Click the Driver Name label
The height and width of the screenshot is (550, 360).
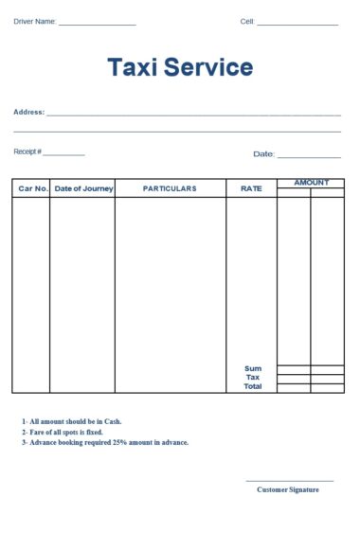[35, 21]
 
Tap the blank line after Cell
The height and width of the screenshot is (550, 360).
[297, 24]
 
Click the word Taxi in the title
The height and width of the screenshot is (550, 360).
[132, 67]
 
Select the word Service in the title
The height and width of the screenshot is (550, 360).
[208, 67]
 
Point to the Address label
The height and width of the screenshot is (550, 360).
[29, 112]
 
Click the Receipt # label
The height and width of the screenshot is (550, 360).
[27, 151]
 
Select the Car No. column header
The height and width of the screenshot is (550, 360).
[33, 188]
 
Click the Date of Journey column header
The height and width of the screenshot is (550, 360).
[83, 188]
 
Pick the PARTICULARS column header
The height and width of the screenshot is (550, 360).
[170, 188]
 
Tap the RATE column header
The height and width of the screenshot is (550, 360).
[251, 188]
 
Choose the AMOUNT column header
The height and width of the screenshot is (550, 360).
[311, 183]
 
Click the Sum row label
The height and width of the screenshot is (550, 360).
[253, 369]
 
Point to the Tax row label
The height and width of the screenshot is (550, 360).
[253, 378]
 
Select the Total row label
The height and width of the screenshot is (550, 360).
[253, 386]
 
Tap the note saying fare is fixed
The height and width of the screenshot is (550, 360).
[65, 432]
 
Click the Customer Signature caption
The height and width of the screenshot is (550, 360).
[288, 489]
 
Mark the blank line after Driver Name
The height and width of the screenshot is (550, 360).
[98, 24]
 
